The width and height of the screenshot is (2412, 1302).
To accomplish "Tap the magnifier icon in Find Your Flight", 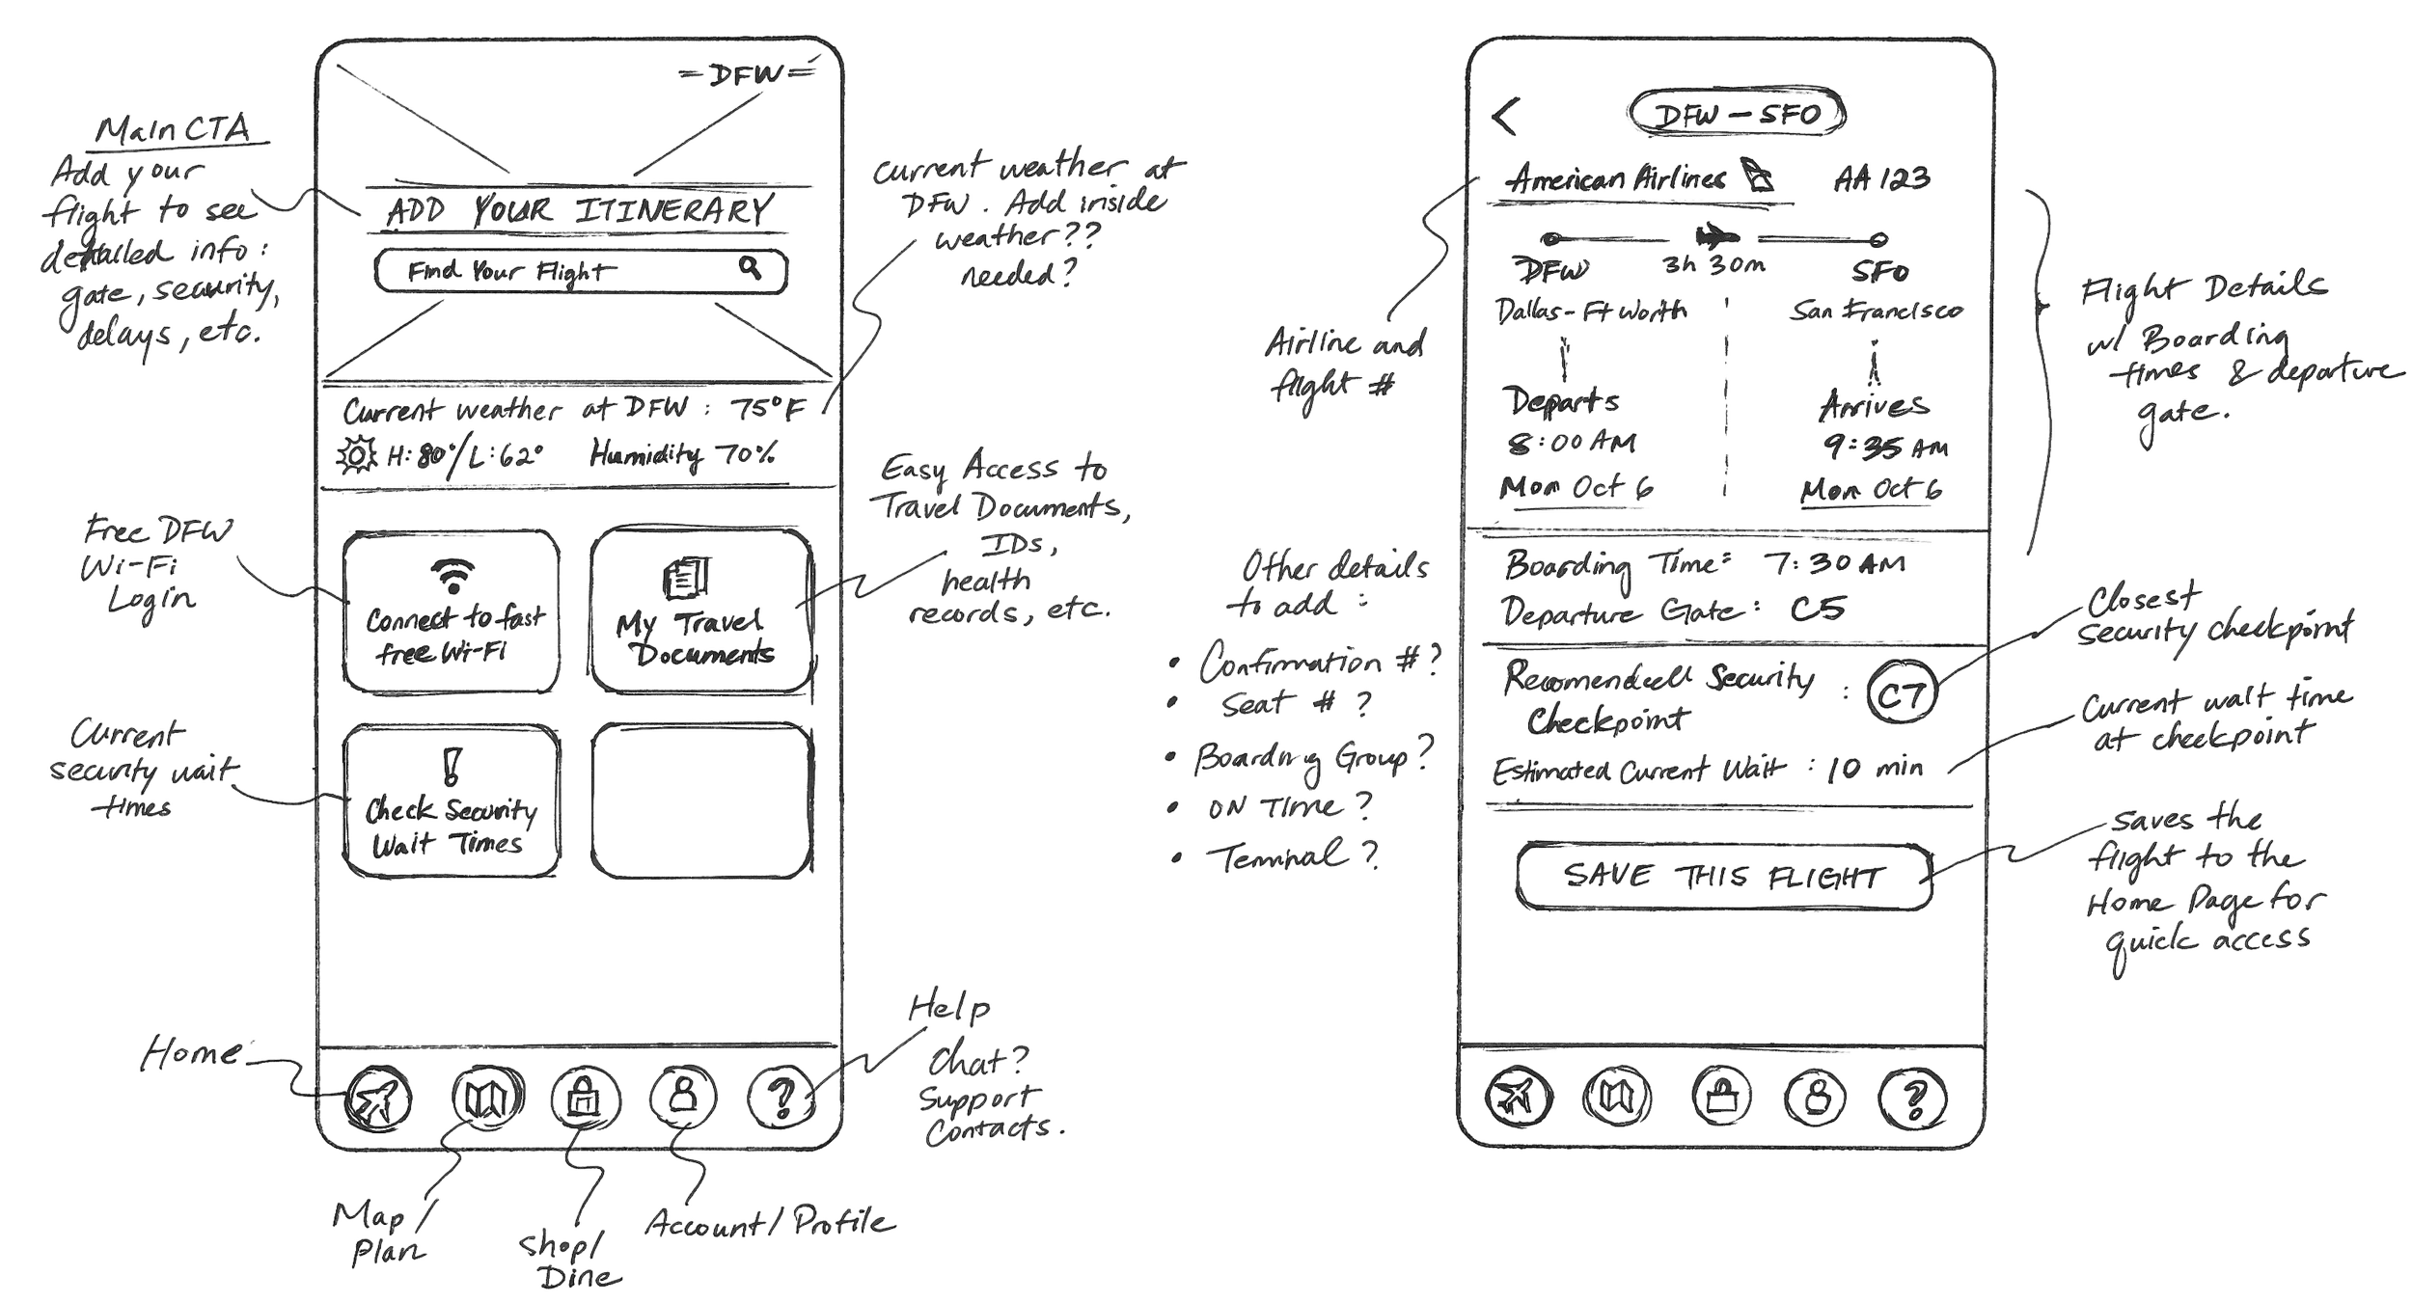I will (750, 267).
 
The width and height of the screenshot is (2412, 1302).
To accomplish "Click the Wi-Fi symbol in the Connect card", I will (451, 576).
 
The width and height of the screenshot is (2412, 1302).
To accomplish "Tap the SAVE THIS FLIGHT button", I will (1724, 877).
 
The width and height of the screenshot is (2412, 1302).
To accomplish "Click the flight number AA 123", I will (1881, 178).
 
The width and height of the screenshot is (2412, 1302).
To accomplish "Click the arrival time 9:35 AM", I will (1884, 447).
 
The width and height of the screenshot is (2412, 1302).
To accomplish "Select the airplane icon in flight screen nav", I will (1519, 1098).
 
